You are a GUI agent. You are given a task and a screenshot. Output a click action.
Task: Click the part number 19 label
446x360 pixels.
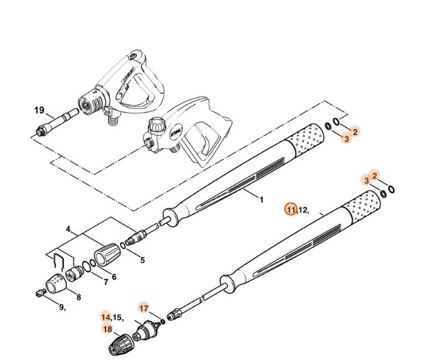[39, 111]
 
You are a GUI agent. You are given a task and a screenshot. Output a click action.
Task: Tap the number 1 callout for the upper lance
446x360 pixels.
[262, 200]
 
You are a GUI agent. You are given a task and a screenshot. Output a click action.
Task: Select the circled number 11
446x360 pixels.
[291, 210]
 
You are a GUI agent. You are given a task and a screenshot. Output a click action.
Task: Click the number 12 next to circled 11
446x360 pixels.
[303, 210]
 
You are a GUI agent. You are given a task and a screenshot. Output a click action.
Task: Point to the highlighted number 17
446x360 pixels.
[143, 308]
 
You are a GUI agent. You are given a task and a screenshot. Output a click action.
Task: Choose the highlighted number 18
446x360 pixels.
[107, 329]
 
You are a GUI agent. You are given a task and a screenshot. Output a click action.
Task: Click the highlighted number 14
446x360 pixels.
[106, 318]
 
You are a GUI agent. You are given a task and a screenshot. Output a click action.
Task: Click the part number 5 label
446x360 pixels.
[142, 261]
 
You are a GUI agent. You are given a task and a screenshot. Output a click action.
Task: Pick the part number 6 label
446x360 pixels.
[114, 276]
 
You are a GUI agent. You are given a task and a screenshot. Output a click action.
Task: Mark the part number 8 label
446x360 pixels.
[78, 297]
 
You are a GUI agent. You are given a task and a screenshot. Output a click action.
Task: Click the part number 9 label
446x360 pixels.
[61, 307]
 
